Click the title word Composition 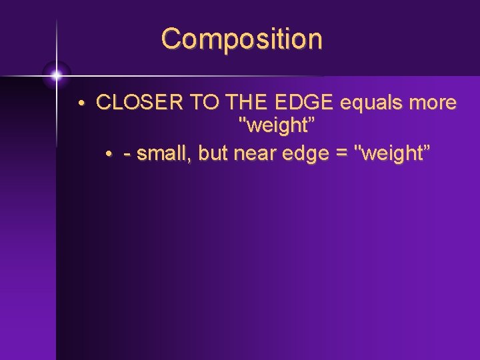[x=241, y=39]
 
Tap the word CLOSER [x=140, y=103]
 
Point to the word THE [x=246, y=103]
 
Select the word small [x=163, y=154]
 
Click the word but [x=213, y=154]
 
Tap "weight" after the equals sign [x=393, y=154]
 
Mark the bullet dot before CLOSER [x=79, y=105]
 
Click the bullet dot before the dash [x=109, y=155]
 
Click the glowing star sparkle [x=57, y=75]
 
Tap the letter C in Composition [x=171, y=39]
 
